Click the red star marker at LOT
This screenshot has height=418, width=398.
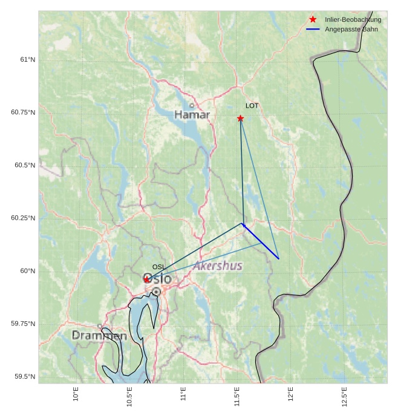[240, 119]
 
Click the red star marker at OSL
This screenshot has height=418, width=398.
[147, 279]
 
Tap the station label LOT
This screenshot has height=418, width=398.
[252, 106]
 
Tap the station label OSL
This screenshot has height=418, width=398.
[158, 267]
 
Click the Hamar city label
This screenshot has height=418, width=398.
[192, 115]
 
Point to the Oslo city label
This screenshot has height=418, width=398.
[157, 279]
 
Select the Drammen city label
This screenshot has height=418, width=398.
[99, 336]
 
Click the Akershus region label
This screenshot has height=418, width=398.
[218, 266]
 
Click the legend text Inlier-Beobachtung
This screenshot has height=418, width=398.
[353, 19]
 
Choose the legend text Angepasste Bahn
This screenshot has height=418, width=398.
[351, 29]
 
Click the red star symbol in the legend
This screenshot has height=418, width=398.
[313, 19]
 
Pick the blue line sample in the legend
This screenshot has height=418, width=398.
[313, 29]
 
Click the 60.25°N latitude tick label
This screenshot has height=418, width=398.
[23, 218]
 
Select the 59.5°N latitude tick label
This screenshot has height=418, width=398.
[25, 376]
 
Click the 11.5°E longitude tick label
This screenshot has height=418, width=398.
[237, 396]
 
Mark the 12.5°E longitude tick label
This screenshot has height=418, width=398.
[344, 396]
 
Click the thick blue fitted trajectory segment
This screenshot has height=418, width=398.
[260, 241]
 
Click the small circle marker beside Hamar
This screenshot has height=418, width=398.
[192, 105]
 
